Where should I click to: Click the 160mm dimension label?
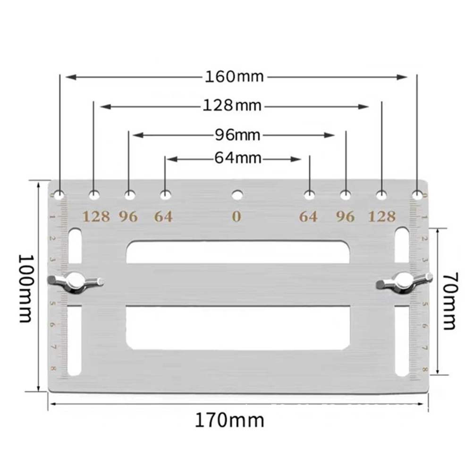pyautogui.click(x=234, y=76)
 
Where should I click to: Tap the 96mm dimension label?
pyautogui.click(x=237, y=135)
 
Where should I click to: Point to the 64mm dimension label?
pyautogui.click(x=237, y=158)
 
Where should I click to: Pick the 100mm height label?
pyautogui.click(x=25, y=288)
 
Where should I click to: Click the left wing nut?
pyautogui.click(x=76, y=282)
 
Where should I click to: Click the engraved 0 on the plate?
pyautogui.click(x=236, y=217)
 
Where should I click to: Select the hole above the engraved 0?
pyautogui.click(x=237, y=194)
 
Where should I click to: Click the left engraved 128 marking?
pyautogui.click(x=96, y=217)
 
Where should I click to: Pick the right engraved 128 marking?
pyautogui.click(x=382, y=217)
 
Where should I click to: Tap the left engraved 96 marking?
pyautogui.click(x=128, y=217)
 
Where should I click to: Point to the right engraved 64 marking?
pyautogui.click(x=308, y=217)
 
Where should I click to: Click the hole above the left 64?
pyautogui.click(x=165, y=194)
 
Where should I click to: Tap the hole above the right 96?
pyautogui.click(x=346, y=194)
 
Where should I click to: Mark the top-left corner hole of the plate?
pyautogui.click(x=60, y=194)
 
